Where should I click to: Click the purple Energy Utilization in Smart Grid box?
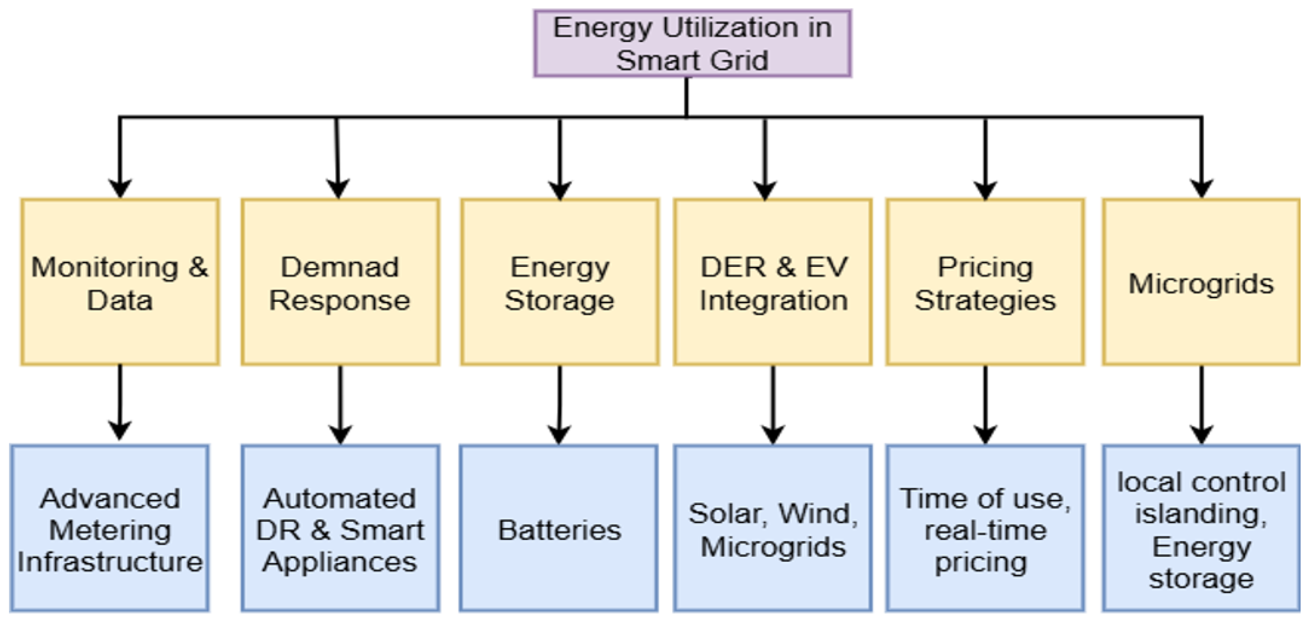coord(692,44)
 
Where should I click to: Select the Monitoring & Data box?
coord(120,282)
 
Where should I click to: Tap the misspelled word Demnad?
coord(340,267)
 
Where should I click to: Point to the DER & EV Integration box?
coord(773,282)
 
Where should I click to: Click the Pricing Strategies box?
coord(985,282)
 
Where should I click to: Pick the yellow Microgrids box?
coord(1201,282)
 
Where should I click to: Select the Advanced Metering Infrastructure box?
coord(109,529)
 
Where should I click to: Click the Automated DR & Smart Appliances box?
coord(340,529)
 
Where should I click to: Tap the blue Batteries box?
coord(559,529)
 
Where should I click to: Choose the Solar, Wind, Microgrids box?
coord(773,529)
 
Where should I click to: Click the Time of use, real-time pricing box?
coord(985,529)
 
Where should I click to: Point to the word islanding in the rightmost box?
coord(1201,514)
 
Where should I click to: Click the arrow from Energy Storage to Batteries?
coord(559,404)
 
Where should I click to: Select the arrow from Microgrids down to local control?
coord(1201,404)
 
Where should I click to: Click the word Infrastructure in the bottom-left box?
coord(109,562)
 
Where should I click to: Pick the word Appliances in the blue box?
coord(340,562)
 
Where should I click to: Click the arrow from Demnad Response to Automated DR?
coord(340,404)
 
